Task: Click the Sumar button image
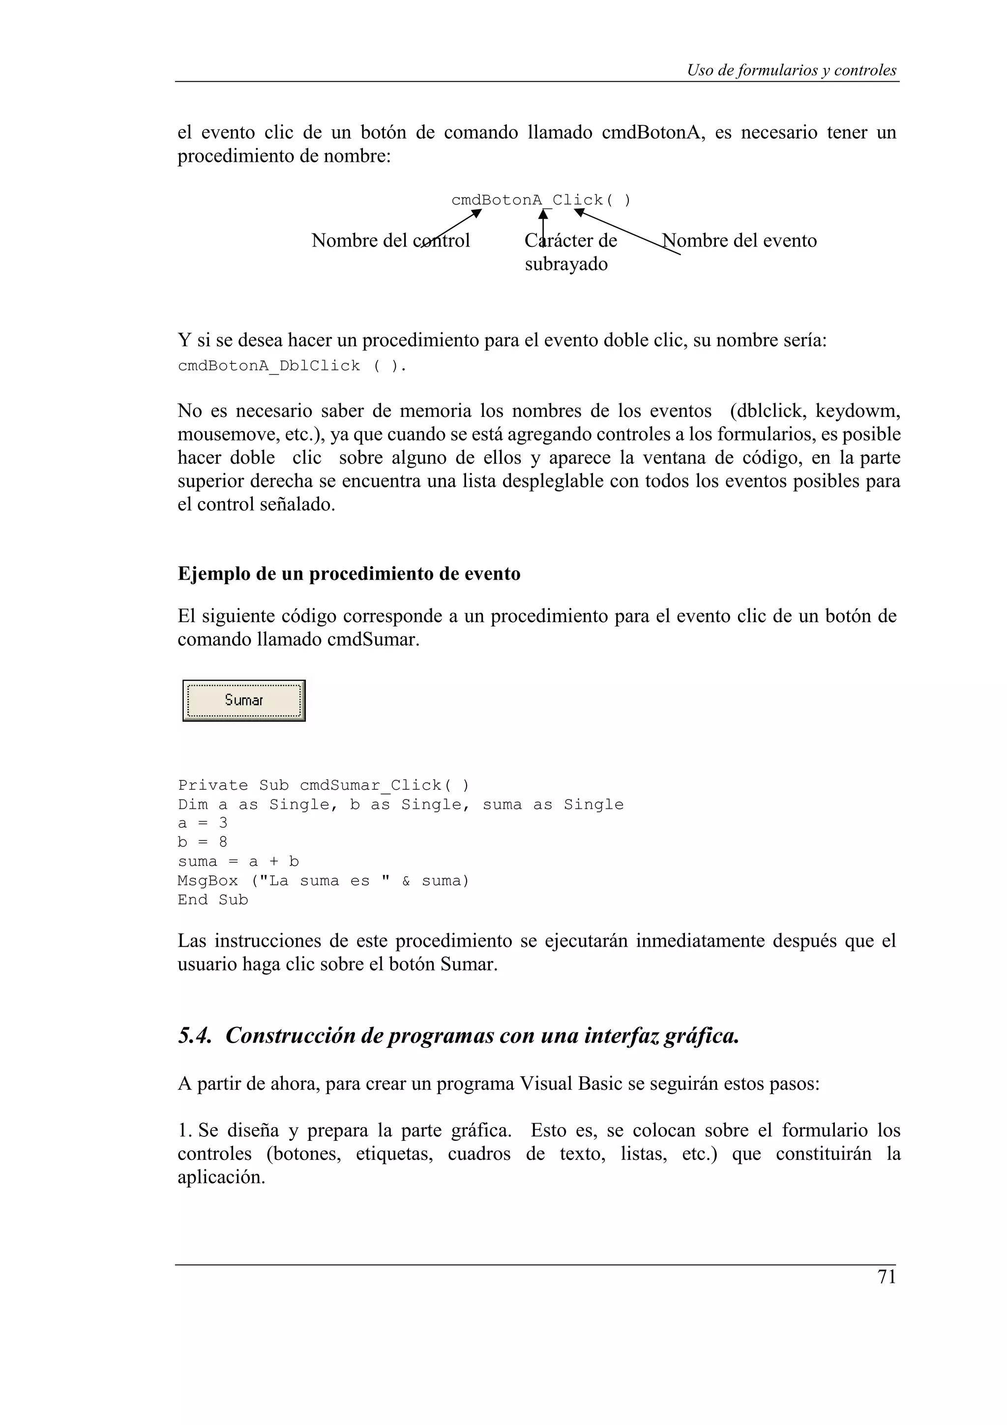[244, 700]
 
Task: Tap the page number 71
[887, 1277]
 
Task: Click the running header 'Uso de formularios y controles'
[791, 70]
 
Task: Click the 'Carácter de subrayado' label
[570, 252]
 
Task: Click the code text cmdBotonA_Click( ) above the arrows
[540, 200]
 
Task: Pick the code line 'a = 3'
[202, 823]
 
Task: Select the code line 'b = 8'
[202, 842]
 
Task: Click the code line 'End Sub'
[213, 899]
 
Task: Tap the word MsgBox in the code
[207, 881]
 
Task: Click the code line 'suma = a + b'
[238, 861]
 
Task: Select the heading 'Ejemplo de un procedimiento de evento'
[349, 573]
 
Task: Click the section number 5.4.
[194, 1035]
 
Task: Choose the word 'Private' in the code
[213, 785]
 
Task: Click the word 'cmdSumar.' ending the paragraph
[374, 639]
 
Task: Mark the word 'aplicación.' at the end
[221, 1177]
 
